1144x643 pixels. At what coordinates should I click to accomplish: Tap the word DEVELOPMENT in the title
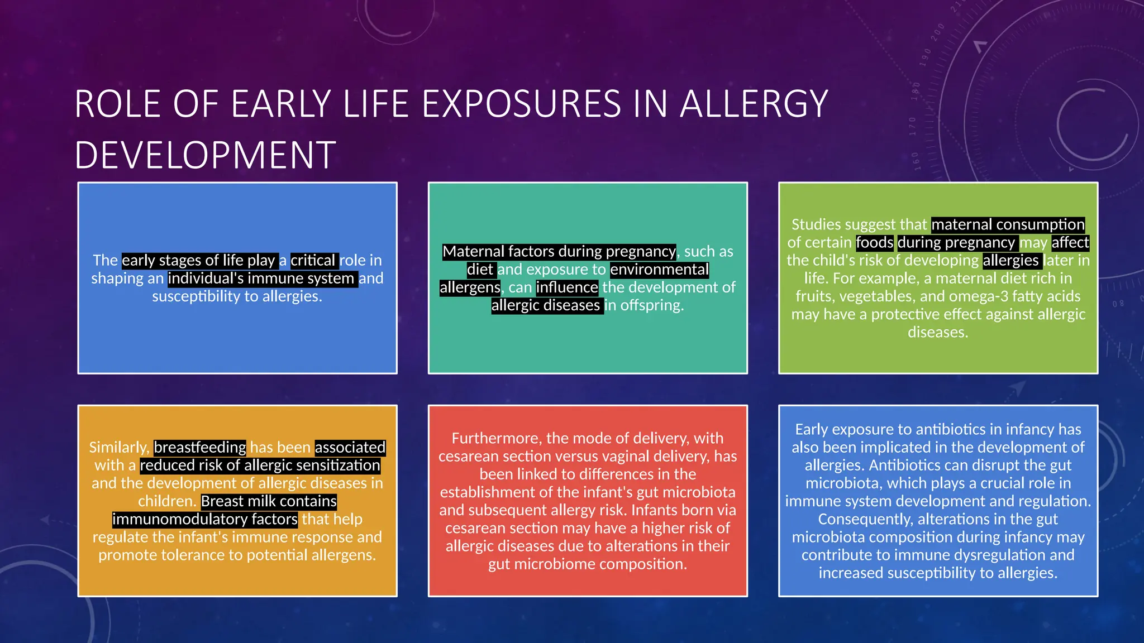[x=205, y=155]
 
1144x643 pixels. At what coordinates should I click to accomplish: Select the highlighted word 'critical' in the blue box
[x=313, y=261]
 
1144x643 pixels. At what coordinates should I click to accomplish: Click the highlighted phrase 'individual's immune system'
[x=261, y=279]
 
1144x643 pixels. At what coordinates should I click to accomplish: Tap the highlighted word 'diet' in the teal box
[x=480, y=270]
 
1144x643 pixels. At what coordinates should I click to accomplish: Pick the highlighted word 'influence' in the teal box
[x=567, y=287]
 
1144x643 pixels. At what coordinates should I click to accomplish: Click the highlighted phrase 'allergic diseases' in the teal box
[x=546, y=305]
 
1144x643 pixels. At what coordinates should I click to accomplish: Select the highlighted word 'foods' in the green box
[x=875, y=243]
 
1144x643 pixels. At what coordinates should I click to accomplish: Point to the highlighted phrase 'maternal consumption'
[x=1008, y=225]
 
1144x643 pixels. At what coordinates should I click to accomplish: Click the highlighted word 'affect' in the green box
[x=1070, y=243]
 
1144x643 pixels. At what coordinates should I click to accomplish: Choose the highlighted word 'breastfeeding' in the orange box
[x=199, y=448]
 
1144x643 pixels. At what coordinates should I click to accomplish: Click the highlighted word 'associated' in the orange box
[x=350, y=448]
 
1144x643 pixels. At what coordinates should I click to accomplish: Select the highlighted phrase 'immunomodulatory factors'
[x=205, y=519]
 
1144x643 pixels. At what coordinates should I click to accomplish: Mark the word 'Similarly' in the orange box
[x=118, y=448]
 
